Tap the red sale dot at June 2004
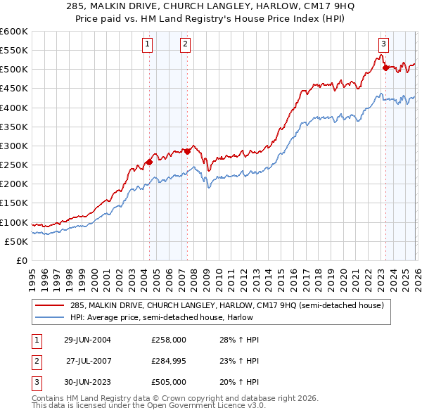[149, 162]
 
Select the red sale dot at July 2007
[187, 151]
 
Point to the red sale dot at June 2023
[385, 68]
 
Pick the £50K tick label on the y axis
[17, 241]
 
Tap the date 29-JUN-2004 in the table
[87, 340]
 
